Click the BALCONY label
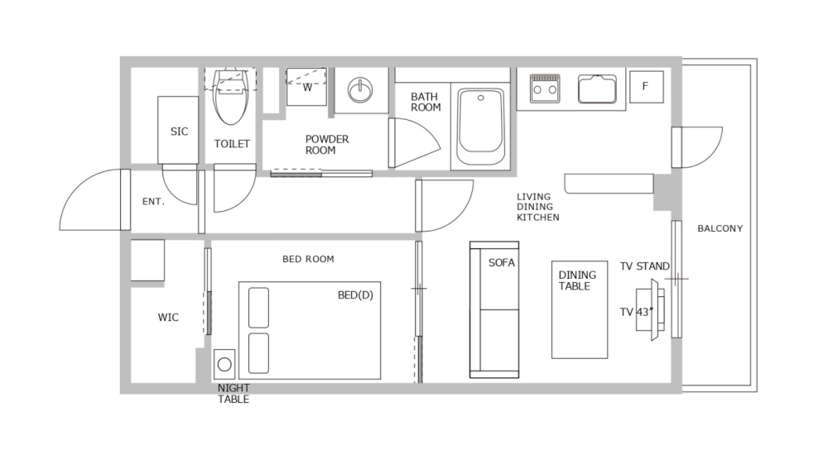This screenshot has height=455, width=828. click(x=720, y=228)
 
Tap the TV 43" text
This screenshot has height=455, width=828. click(x=637, y=312)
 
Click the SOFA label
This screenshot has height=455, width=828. click(x=502, y=263)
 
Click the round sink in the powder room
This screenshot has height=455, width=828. click(x=361, y=89)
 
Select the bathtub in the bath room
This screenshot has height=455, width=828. click(x=481, y=123)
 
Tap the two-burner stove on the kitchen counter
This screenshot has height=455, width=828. click(x=545, y=88)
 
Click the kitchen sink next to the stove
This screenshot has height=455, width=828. click(x=597, y=88)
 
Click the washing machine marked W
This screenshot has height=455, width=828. click(x=306, y=87)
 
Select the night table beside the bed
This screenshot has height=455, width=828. click(x=224, y=363)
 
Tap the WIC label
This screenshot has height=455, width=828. click(x=168, y=318)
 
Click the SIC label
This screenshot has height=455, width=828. click(x=179, y=132)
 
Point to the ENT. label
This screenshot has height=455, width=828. click(x=153, y=201)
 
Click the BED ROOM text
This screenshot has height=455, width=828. click(x=308, y=259)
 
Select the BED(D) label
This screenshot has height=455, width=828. click(x=355, y=295)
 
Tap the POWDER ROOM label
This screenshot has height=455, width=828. click(x=327, y=145)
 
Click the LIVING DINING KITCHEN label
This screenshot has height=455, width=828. click(x=537, y=207)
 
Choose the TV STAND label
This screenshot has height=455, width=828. click(x=644, y=266)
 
